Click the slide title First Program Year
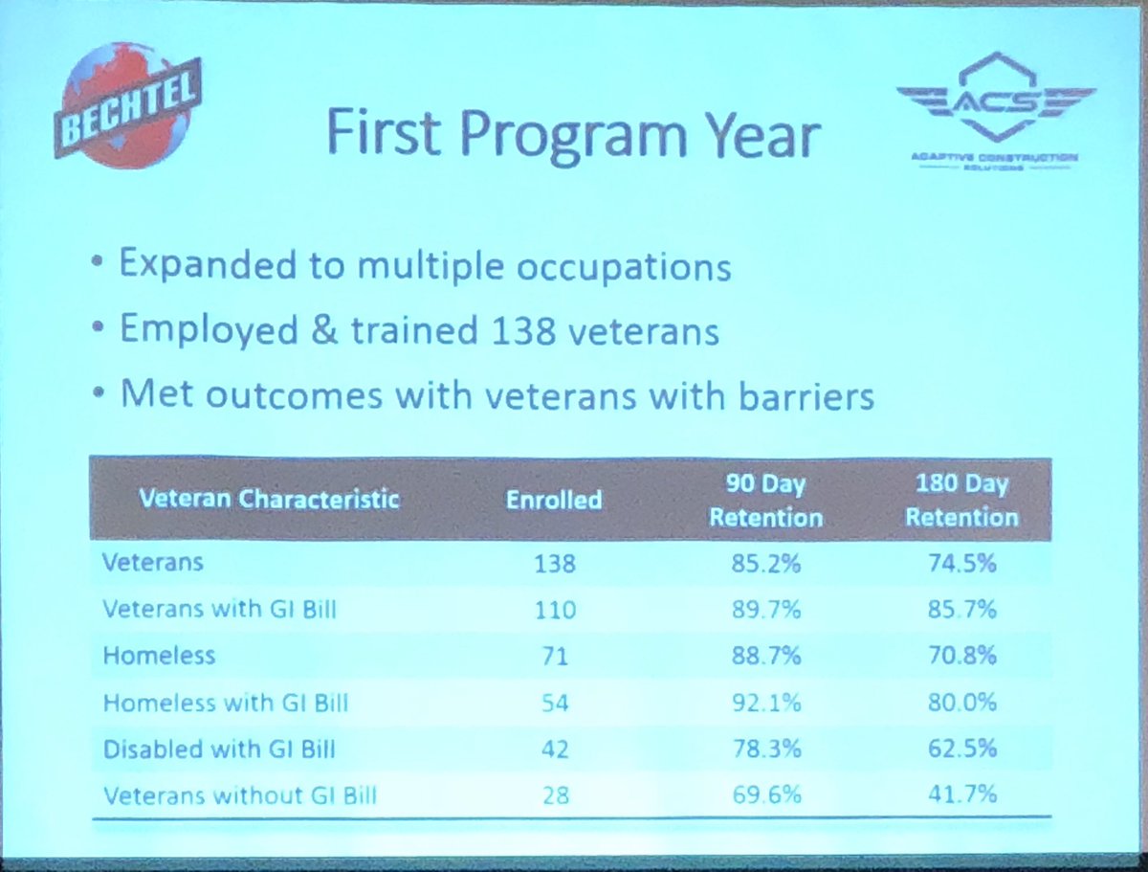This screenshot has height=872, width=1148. [573, 135]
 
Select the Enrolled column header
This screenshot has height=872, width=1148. [555, 499]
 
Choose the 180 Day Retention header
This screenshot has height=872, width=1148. [961, 501]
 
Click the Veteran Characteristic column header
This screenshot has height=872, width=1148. [269, 499]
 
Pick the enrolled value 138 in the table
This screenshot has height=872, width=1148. [555, 563]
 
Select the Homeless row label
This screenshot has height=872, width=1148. [159, 656]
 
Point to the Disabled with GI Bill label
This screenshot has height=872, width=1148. [221, 749]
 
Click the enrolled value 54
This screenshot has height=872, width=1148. [555, 703]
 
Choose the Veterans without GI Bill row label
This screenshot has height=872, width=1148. [239, 795]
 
